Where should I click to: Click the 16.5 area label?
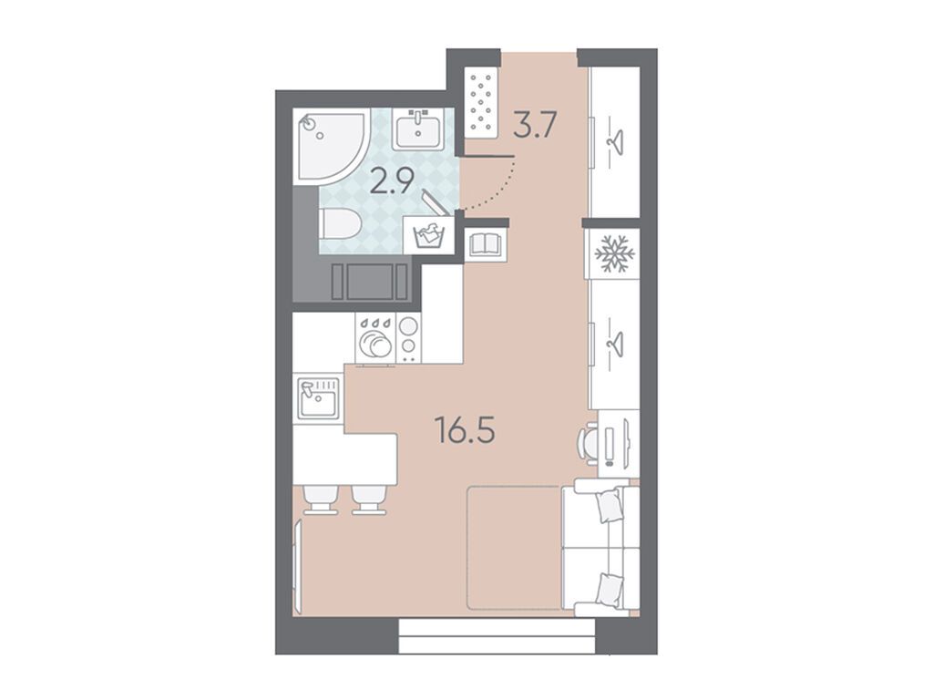point(466,430)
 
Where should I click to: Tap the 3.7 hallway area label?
point(535,125)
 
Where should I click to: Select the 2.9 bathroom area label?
point(392,181)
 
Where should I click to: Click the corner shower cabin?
point(331,145)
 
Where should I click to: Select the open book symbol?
point(487,242)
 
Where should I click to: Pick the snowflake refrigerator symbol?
point(614,253)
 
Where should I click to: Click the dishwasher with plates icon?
point(375,338)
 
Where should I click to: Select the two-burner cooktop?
point(408,338)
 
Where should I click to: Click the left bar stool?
point(322,499)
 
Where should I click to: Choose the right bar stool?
point(369,499)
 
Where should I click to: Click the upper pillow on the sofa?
point(610,505)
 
